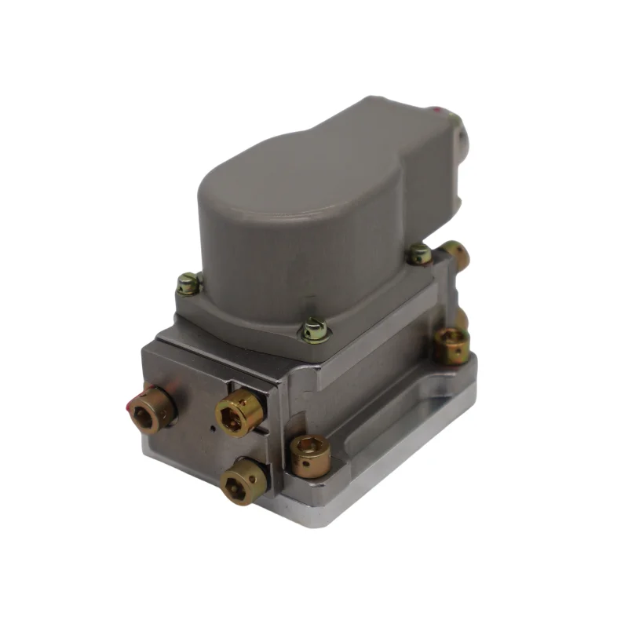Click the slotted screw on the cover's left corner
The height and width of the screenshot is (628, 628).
click(x=188, y=283)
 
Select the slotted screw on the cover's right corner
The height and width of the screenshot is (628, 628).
click(x=420, y=254)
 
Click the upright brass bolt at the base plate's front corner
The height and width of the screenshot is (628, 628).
click(x=309, y=453)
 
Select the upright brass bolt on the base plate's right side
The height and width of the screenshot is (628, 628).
click(x=452, y=344)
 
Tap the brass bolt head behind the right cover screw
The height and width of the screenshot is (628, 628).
click(x=455, y=255)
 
